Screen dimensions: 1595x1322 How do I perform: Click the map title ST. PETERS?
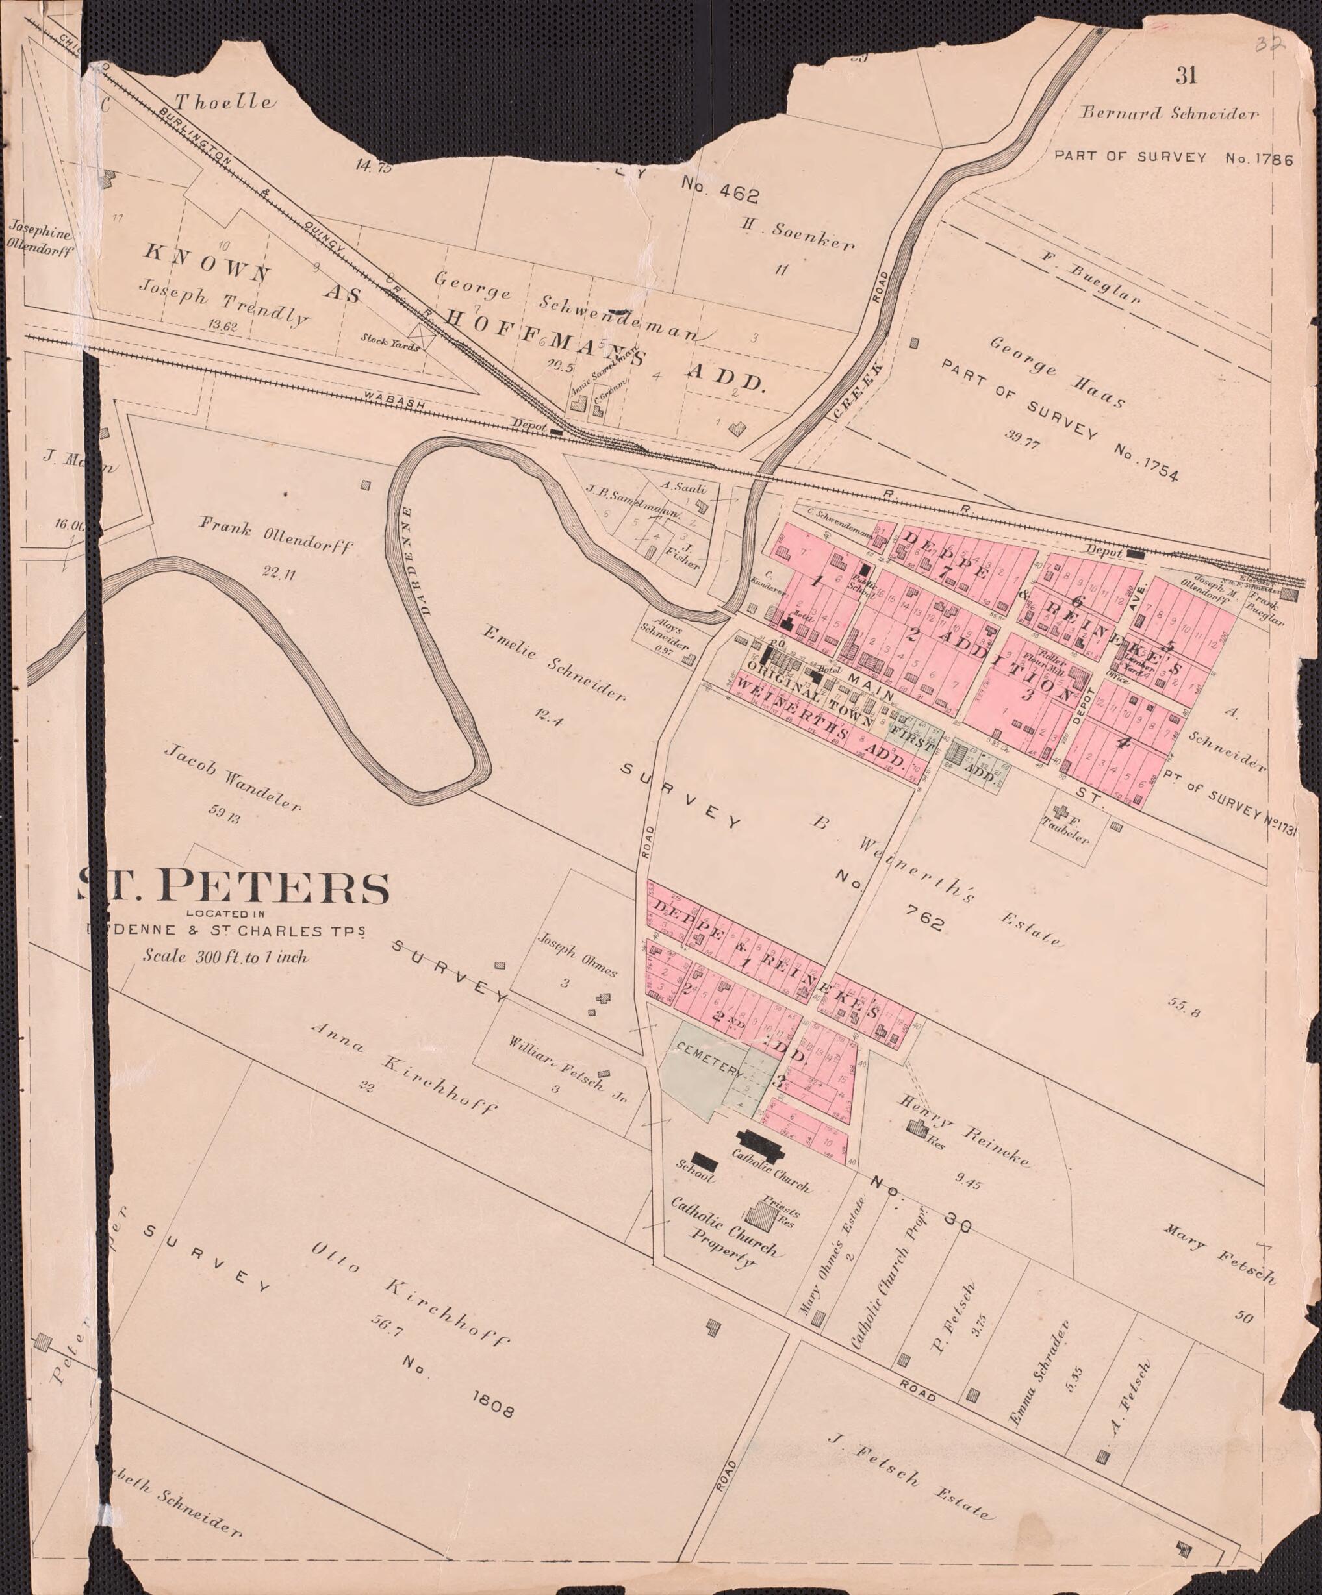coord(234,886)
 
